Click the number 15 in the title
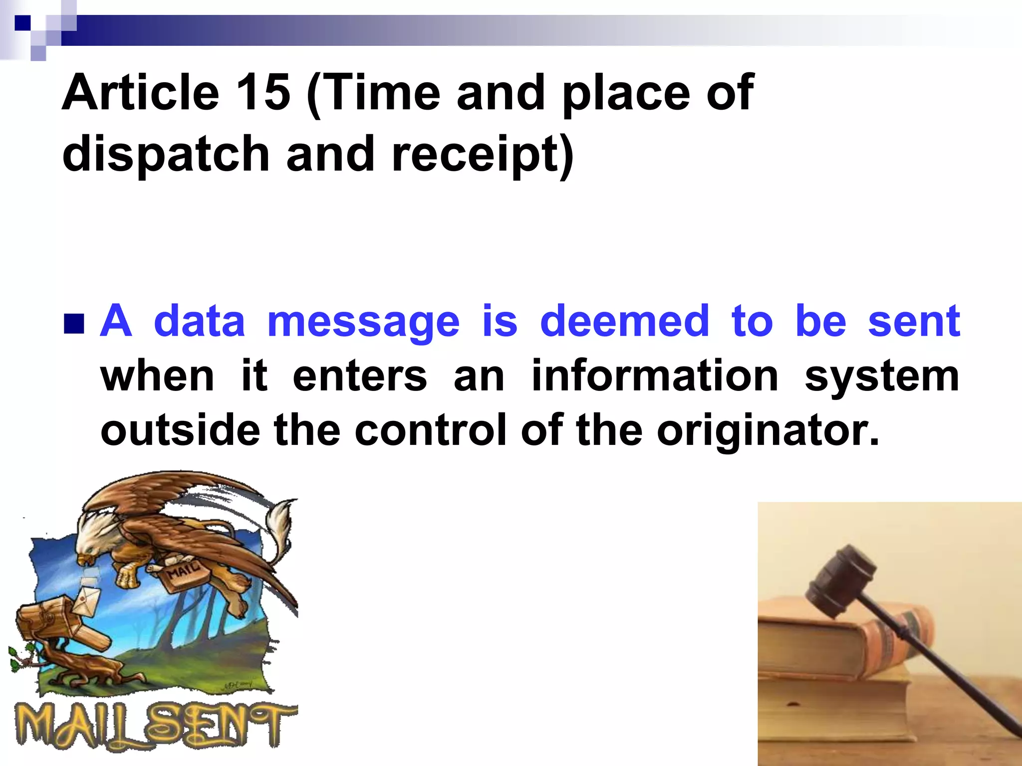coord(263,93)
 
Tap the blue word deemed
coord(624,321)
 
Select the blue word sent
coord(914,321)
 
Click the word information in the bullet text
coord(655,376)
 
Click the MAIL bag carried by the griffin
coord(182,574)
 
